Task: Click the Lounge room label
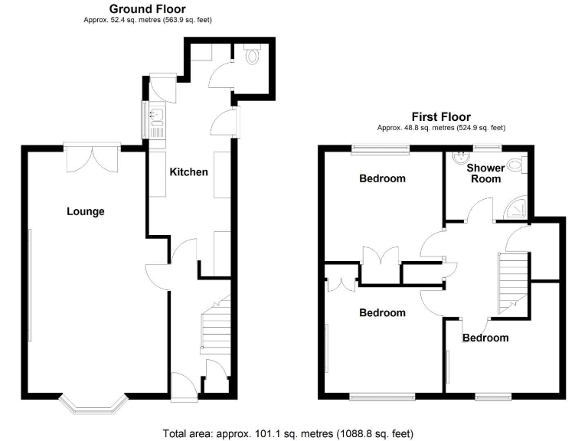click(x=85, y=211)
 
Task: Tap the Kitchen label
click(x=188, y=171)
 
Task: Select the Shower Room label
click(x=485, y=173)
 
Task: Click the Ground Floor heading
click(x=148, y=9)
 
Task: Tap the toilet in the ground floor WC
click(x=253, y=54)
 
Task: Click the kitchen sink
click(x=156, y=116)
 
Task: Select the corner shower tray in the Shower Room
click(x=518, y=206)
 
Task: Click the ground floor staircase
click(x=216, y=328)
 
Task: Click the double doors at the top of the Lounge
click(x=92, y=158)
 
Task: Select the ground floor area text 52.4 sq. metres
click(x=148, y=20)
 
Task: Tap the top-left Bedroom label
click(x=382, y=179)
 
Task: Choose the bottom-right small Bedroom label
click(x=485, y=338)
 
